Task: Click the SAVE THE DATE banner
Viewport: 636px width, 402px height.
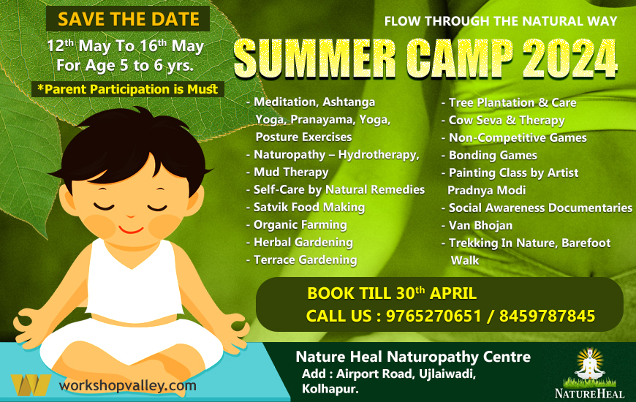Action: click(128, 19)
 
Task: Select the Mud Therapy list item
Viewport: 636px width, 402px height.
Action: click(290, 172)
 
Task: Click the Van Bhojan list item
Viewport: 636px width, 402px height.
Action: click(480, 225)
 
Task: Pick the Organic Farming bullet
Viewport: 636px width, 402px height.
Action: click(300, 225)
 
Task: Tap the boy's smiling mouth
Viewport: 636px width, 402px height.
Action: click(131, 228)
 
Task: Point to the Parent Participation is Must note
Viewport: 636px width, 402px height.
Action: click(128, 89)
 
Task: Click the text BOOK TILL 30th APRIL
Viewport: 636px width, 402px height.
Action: click(392, 294)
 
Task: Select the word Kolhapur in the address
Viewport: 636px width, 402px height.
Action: click(330, 389)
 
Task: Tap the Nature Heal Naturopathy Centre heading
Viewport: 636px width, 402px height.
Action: click(413, 357)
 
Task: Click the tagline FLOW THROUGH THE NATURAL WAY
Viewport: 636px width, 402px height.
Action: click(501, 21)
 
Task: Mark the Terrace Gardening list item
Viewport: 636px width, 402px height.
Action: click(305, 260)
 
